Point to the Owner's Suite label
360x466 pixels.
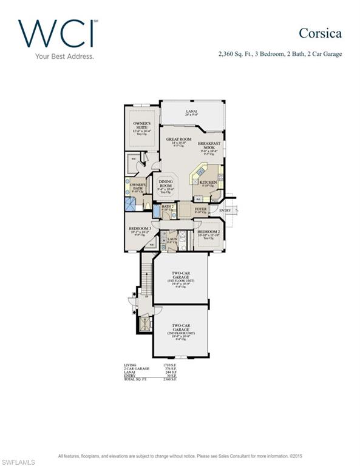coord(142,126)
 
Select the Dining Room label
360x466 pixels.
coord(166,184)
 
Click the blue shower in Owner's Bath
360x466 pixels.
coord(130,204)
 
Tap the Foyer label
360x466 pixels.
coord(200,210)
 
